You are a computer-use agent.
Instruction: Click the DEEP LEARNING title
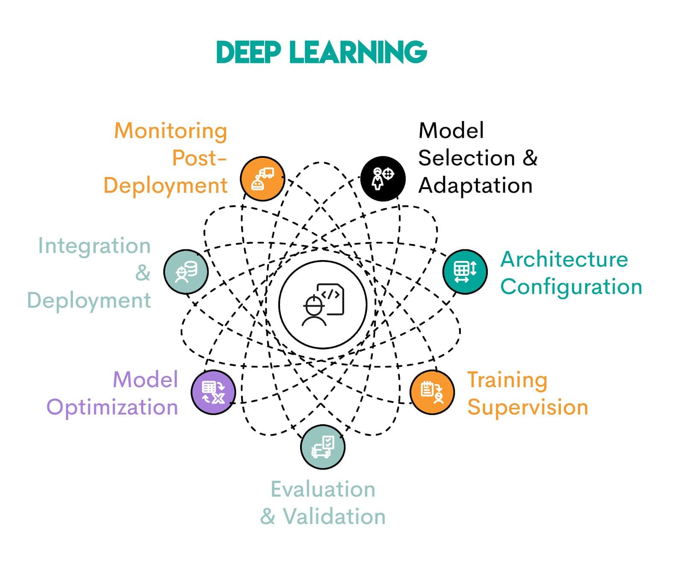point(321,52)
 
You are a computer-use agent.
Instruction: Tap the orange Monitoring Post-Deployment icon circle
point(262,179)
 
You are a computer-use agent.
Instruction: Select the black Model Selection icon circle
point(383,179)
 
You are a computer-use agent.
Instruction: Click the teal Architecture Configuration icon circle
point(465,272)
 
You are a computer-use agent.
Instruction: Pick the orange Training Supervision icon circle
point(432,392)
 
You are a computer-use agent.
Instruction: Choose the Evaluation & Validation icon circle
point(323,447)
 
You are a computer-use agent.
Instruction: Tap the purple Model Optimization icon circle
point(213,392)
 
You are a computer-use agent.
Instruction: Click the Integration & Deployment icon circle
point(186,272)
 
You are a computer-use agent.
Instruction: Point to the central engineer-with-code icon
point(323,305)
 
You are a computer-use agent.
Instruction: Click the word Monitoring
point(171,131)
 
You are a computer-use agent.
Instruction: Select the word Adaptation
point(475,186)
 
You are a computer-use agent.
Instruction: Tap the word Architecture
point(564,259)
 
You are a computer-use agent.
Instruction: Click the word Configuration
point(571,287)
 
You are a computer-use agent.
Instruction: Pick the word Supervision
point(528,407)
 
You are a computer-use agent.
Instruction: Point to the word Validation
point(334,516)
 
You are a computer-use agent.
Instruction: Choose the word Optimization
point(112,407)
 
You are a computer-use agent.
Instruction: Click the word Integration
point(94,246)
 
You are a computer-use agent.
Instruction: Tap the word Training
point(507,380)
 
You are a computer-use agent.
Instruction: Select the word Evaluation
point(323,489)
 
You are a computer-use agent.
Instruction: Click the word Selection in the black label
point(466,158)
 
